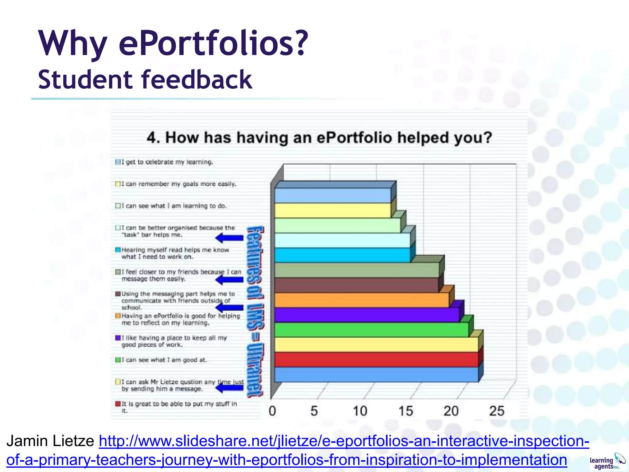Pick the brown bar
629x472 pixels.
point(356,285)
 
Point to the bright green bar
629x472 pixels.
point(371,329)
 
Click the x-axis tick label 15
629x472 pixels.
point(405,411)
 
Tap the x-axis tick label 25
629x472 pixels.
point(496,411)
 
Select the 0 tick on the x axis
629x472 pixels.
point(272,411)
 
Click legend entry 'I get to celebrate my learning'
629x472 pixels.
point(167,162)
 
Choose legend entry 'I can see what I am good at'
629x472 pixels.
point(164,360)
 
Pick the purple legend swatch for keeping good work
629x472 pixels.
point(118,338)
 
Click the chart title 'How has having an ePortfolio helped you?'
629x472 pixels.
point(319,137)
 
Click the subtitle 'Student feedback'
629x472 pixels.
point(145,80)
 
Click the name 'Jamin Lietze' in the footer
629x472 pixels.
point(50,441)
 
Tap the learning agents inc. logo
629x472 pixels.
point(607,462)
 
